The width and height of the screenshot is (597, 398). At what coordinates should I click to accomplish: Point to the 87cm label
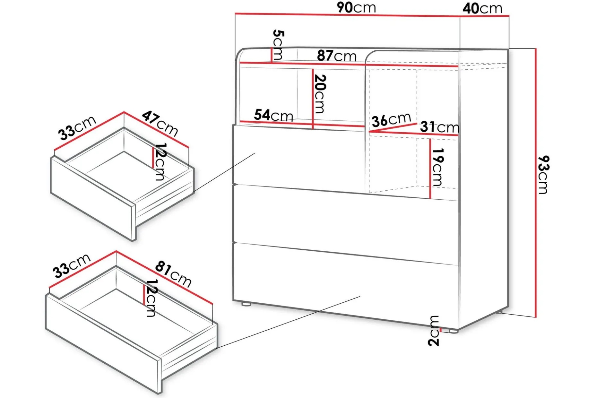[x=337, y=56]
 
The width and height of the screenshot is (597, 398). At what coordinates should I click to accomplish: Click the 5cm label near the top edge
[x=278, y=45]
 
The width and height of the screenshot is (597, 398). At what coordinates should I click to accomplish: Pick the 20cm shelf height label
[x=320, y=94]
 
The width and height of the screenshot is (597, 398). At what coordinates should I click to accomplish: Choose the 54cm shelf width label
[x=273, y=115]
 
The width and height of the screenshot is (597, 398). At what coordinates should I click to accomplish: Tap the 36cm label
[x=391, y=119]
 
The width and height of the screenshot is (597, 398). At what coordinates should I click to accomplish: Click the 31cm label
[x=440, y=127]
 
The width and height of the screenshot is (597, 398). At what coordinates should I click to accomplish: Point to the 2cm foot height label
[x=434, y=331]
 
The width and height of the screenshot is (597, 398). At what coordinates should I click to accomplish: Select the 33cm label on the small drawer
[x=77, y=127]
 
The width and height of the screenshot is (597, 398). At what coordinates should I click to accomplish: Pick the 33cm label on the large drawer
[x=72, y=266]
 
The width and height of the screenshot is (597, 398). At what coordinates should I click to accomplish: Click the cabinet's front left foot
[x=246, y=304]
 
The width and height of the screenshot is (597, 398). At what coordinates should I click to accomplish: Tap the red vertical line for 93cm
[x=535, y=183]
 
